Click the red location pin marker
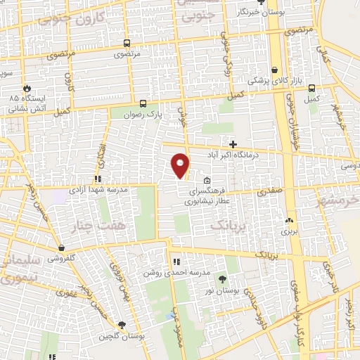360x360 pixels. click(x=181, y=165)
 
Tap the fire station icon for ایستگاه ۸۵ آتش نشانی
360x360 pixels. click(x=27, y=89)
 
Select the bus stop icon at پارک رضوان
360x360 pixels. click(x=143, y=103)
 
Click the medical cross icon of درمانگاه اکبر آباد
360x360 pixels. click(x=233, y=144)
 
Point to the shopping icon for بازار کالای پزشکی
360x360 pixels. click(x=275, y=70)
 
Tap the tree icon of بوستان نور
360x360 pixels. click(x=223, y=279)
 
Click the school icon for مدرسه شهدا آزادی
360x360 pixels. click(x=97, y=179)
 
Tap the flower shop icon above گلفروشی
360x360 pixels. click(x=63, y=248)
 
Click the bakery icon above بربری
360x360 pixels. click(x=289, y=220)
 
